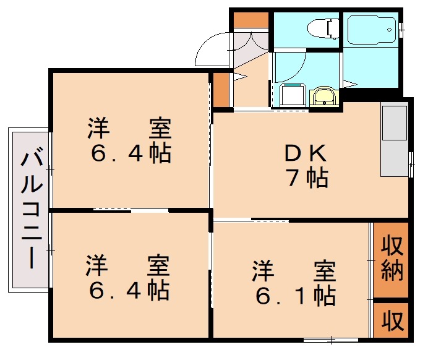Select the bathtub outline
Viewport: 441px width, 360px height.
pos(371,28)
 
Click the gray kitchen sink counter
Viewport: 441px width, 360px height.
pos(393,140)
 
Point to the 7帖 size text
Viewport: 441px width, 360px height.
pos(307,178)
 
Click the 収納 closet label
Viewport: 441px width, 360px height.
pos(391,259)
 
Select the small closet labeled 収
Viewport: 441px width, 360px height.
pos(391,320)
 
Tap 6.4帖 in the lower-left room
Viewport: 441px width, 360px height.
pos(129,289)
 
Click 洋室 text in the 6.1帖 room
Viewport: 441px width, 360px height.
pos(294,271)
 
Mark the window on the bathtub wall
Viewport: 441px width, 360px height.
pos(401,28)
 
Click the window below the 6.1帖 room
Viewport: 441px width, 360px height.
pos(331,340)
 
